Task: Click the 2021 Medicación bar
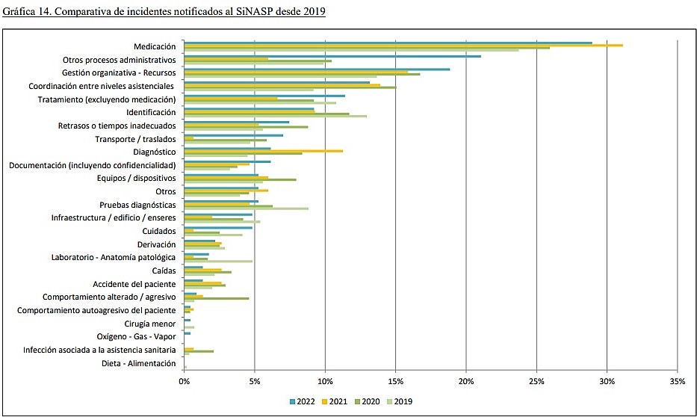403,46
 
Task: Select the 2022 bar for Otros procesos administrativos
332,56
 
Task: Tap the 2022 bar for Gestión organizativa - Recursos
317,69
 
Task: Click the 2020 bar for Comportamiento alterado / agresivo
217,298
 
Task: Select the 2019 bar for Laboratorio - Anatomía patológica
218,262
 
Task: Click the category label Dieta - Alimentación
138,364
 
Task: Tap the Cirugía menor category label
149,324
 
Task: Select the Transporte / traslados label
135,139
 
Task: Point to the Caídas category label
164,271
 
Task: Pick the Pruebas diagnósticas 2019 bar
246,208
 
